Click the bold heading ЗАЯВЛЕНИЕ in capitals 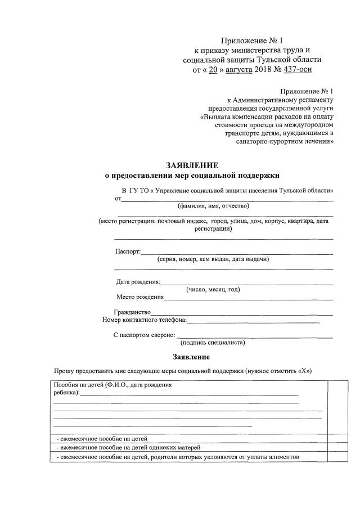tap(191, 165)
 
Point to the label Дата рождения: tap(138, 281)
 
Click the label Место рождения tap(139, 297)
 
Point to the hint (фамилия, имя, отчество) tap(209, 206)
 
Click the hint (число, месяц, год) tap(213, 289)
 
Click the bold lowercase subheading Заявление tap(191, 357)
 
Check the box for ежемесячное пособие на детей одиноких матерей tap(334, 447)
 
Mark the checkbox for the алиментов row tap(334, 457)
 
